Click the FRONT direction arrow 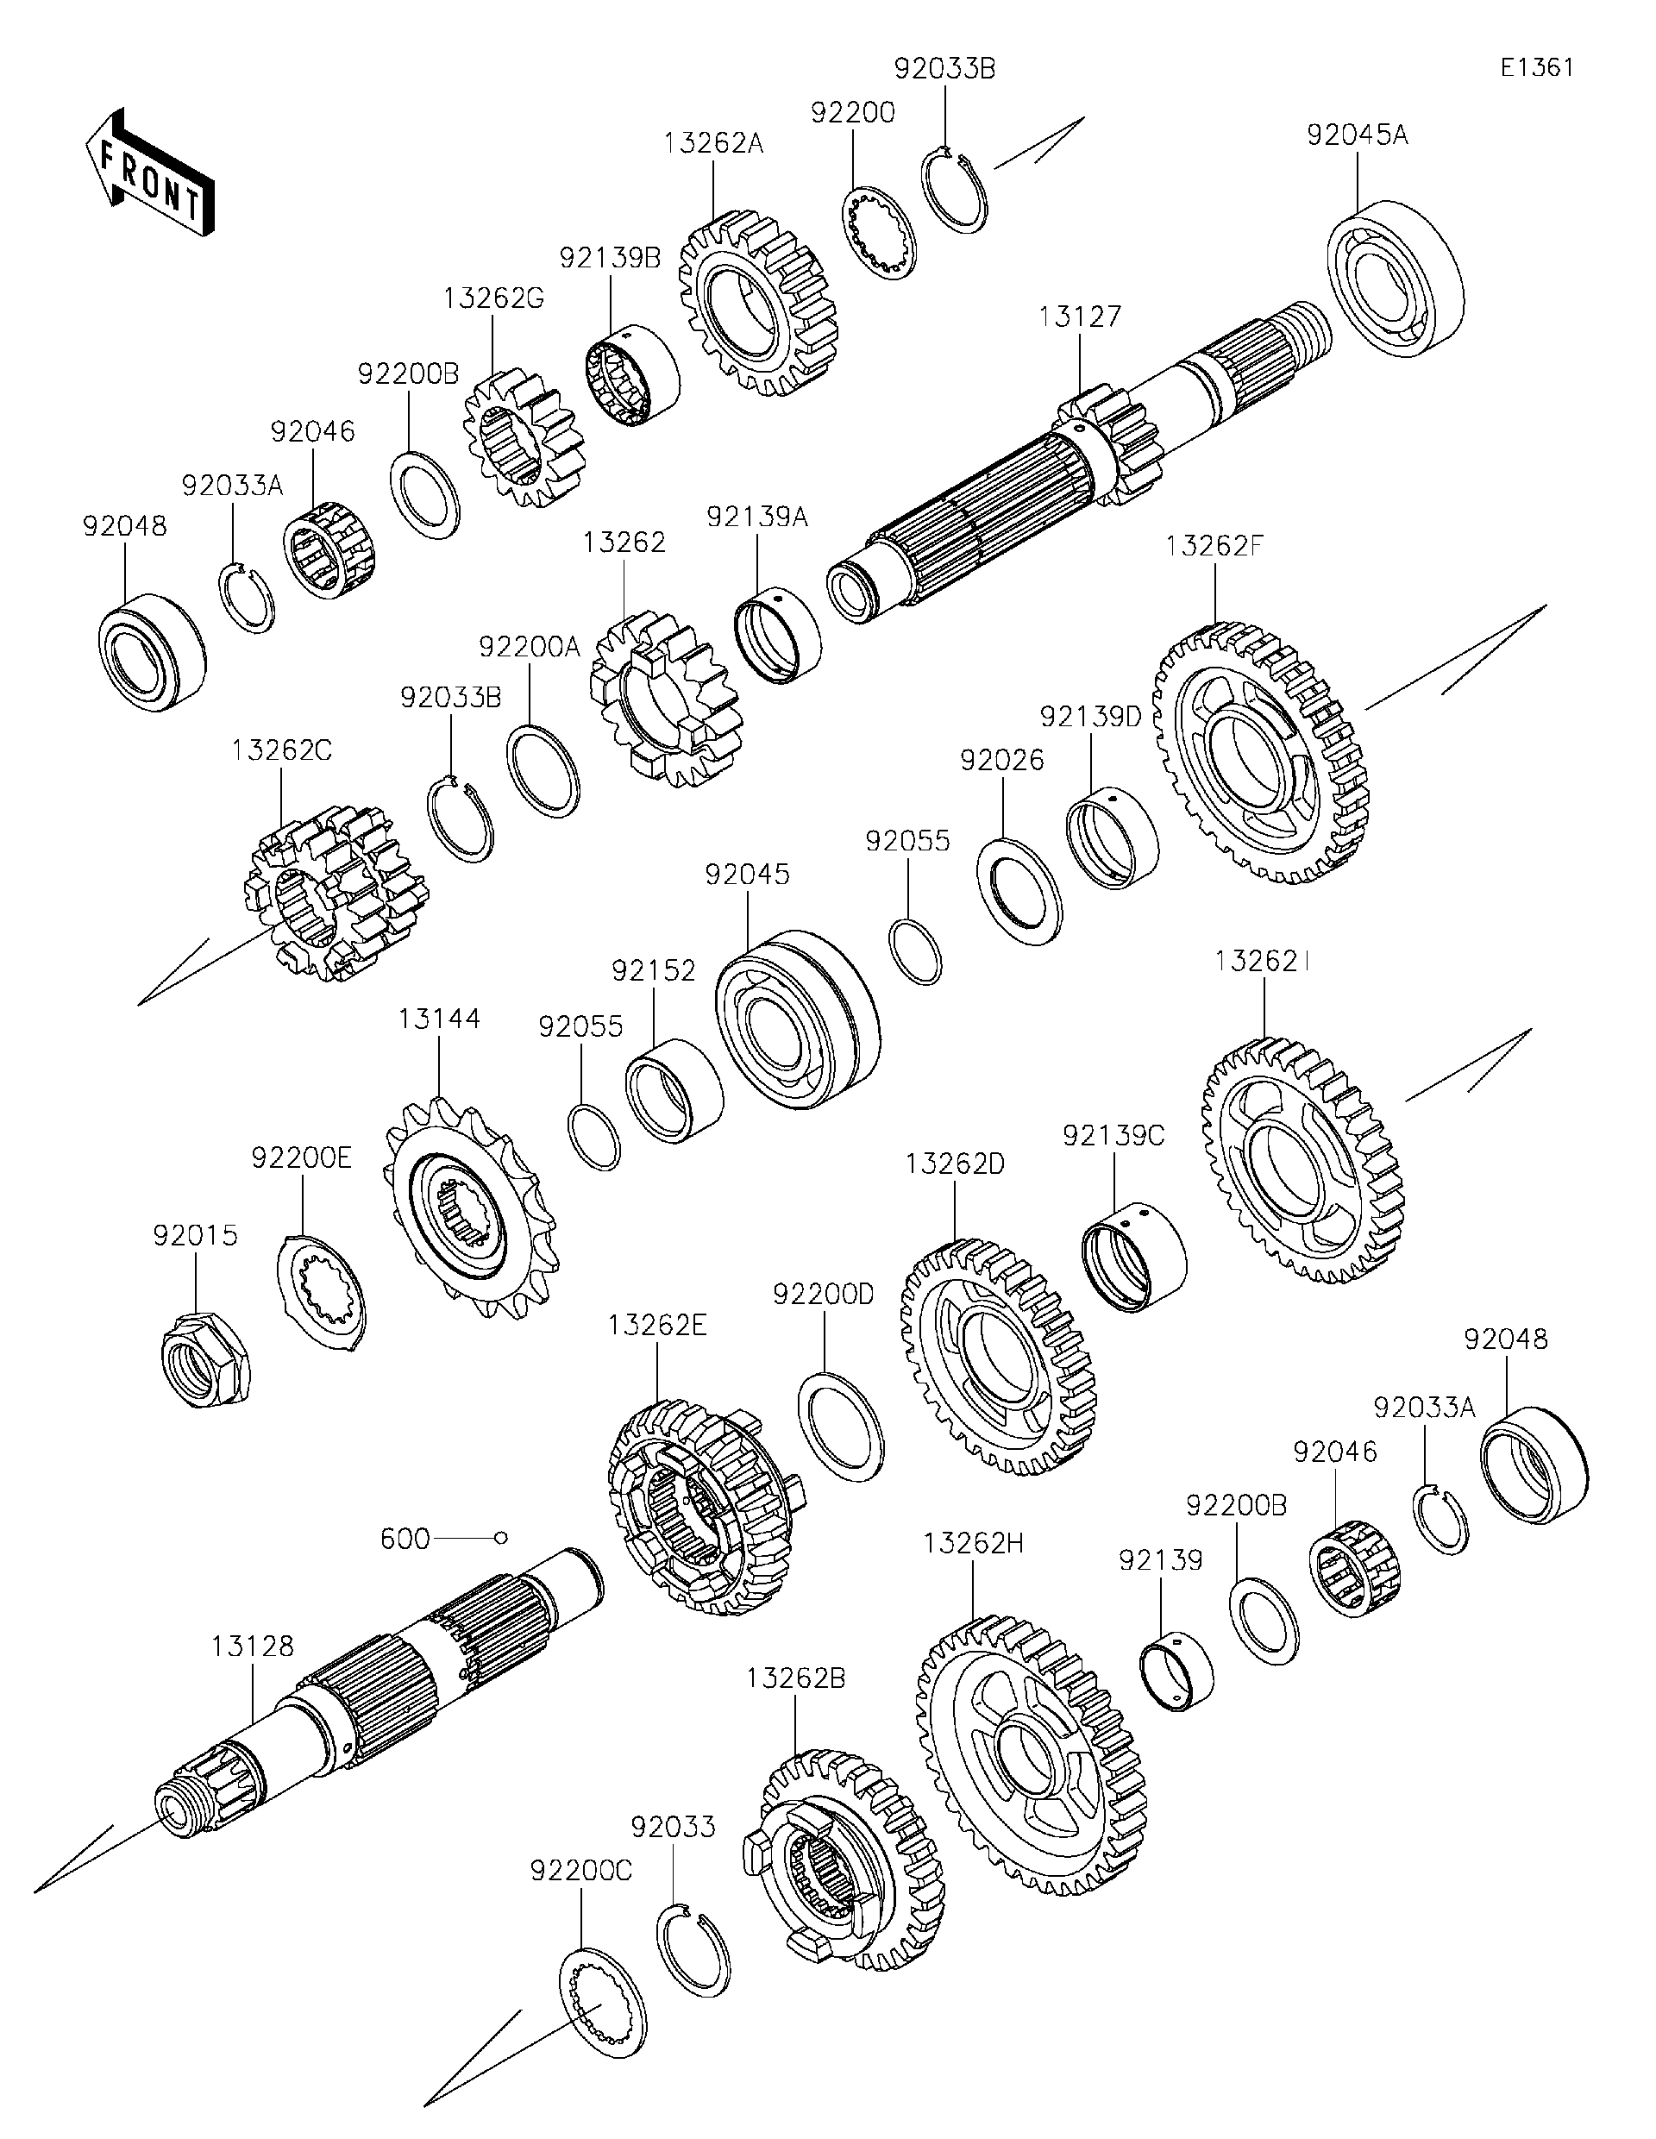pyautogui.click(x=149, y=172)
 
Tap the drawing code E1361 pyautogui.click(x=1538, y=66)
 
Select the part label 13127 pyautogui.click(x=1079, y=317)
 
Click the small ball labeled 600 pyautogui.click(x=500, y=1539)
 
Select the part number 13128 pyautogui.click(x=253, y=1647)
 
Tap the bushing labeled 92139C pyautogui.click(x=1133, y=1256)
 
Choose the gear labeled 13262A pyautogui.click(x=759, y=302)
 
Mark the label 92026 pyautogui.click(x=1002, y=760)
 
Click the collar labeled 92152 pyautogui.click(x=674, y=1090)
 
